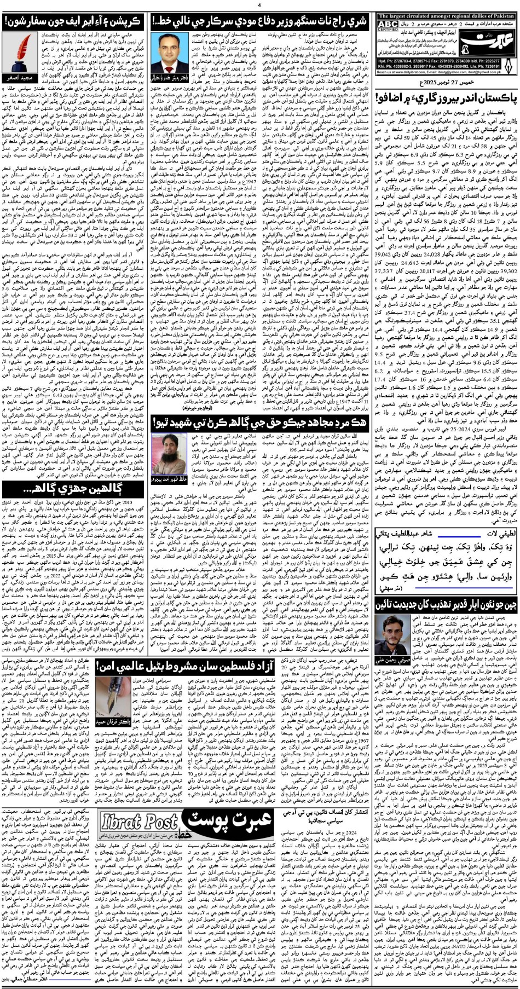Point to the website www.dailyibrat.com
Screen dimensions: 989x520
(408, 72)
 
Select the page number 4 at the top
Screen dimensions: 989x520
(259, 4)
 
